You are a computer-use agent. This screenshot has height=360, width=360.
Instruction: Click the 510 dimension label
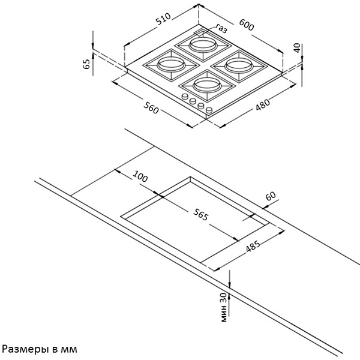[163, 19]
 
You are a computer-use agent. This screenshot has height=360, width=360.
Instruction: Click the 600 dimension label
[247, 25]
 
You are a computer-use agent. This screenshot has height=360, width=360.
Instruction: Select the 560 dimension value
[151, 107]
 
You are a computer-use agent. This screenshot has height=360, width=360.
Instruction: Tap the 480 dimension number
[263, 104]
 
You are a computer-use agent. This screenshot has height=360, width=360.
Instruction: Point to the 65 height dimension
[87, 64]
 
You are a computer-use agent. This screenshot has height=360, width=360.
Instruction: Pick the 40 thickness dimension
[297, 48]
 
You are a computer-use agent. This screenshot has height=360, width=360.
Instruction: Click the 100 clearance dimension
[140, 176]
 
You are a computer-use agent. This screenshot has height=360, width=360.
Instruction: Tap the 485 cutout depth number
[253, 246]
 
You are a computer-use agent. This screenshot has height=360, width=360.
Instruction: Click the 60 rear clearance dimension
[271, 196]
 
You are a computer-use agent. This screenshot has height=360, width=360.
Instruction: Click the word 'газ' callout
[221, 28]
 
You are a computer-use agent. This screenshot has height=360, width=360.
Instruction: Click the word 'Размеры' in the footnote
[23, 349]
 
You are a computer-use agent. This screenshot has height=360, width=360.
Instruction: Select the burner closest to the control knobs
[208, 86]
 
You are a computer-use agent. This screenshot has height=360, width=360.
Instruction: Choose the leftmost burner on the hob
[171, 65]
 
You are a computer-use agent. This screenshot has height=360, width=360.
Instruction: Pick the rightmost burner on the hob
[239, 65]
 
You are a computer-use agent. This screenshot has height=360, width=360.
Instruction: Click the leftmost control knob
[185, 97]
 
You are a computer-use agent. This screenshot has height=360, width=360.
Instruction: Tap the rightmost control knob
[209, 110]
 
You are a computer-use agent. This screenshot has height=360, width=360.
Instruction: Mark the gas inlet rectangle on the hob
[201, 32]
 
